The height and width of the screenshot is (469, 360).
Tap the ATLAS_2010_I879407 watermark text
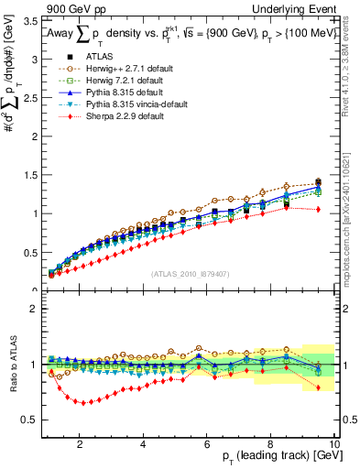pos(189,273)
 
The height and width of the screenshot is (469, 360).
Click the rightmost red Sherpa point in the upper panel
pos(318,209)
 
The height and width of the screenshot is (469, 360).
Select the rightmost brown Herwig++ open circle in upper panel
pos(318,181)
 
